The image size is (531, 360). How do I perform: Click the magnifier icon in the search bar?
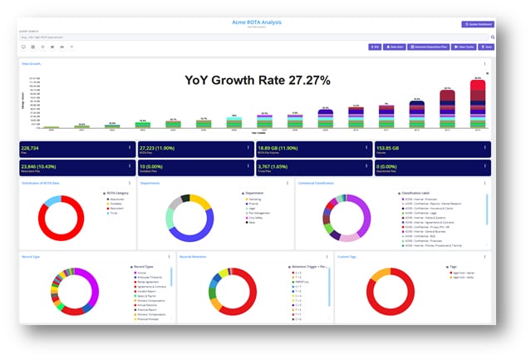pyautogui.click(x=492, y=37)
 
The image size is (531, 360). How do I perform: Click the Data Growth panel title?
pyautogui.click(x=31, y=62)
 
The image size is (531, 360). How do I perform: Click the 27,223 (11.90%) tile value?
pyautogui.click(x=158, y=147)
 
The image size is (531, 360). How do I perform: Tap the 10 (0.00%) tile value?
pyautogui.click(x=150, y=165)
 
